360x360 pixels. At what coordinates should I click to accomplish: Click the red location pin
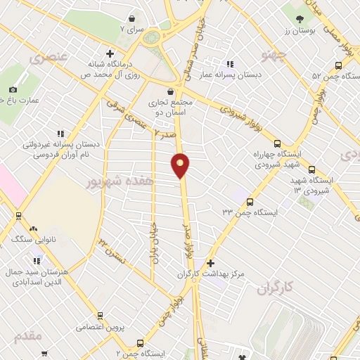[x=181, y=165]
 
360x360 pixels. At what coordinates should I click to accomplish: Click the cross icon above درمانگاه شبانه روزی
[x=109, y=53]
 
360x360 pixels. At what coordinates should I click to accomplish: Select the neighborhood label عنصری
[x=50, y=56]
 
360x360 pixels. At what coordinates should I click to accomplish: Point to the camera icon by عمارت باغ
[x=13, y=89]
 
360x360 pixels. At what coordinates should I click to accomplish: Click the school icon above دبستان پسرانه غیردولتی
[x=60, y=133]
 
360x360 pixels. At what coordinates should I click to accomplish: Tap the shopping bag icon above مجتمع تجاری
[x=171, y=91]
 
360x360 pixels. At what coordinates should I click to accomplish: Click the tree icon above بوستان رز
[x=300, y=20]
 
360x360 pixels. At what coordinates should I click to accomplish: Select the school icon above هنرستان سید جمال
[x=32, y=251]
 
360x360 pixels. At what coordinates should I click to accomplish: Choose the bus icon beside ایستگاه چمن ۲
[x=141, y=344]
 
